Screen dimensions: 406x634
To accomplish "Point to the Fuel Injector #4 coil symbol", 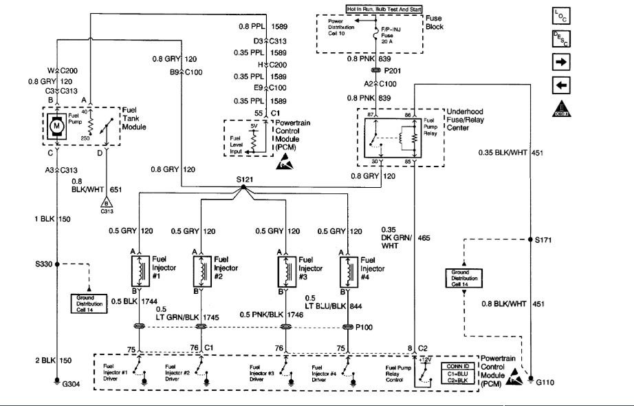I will pos(347,271).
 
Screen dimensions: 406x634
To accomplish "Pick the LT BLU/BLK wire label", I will pos(329,306).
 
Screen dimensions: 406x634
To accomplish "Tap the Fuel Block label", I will pos(435,22).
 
